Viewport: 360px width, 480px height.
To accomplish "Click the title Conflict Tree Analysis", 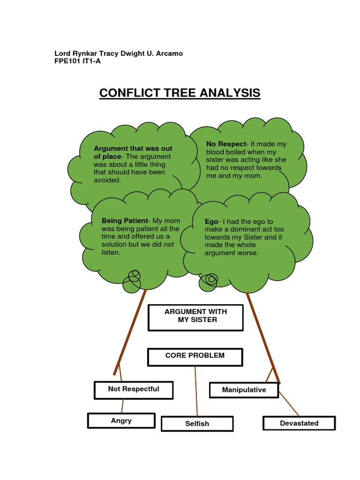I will pyautogui.click(x=180, y=93).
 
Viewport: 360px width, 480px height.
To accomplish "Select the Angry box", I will pyautogui.click(x=121, y=420).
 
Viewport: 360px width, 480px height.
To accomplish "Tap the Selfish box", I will pyautogui.click(x=197, y=424).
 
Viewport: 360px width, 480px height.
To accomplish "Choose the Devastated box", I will pyautogui.click(x=299, y=423).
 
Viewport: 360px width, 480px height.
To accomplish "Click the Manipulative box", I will pyautogui.click(x=244, y=390).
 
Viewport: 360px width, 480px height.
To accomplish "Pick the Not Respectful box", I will pyautogui.click(x=134, y=389).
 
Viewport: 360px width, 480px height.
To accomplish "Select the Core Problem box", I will pyautogui.click(x=195, y=356).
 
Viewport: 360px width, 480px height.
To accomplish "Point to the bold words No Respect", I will pyautogui.click(x=226, y=144).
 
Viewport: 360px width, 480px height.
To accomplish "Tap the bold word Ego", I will pyautogui.click(x=211, y=222).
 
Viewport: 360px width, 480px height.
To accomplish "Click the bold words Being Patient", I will pyautogui.click(x=124, y=221).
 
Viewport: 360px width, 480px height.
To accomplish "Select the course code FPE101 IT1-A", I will pyautogui.click(x=78, y=61).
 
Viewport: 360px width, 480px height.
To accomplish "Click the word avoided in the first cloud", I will pyautogui.click(x=107, y=180).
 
